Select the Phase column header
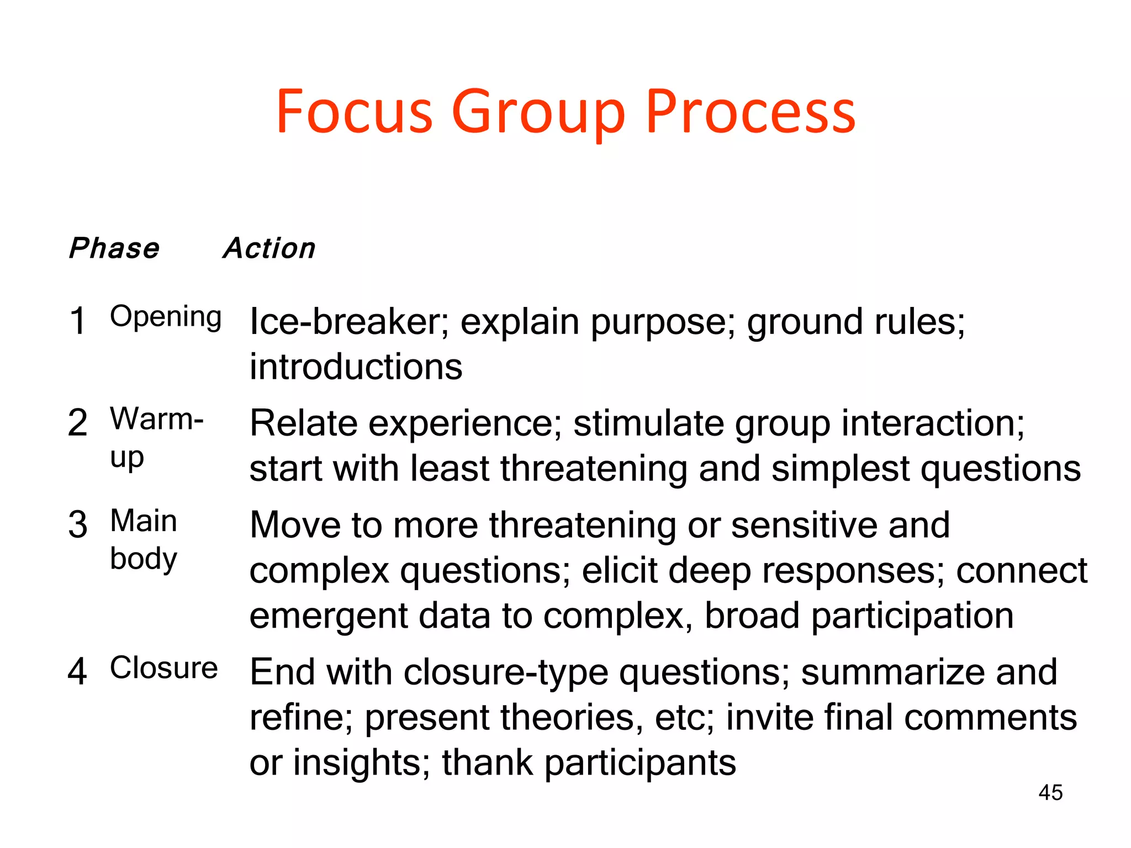pyautogui.click(x=114, y=248)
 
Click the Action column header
pyautogui.click(x=269, y=248)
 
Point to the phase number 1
pyautogui.click(x=78, y=321)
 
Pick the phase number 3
pyautogui.click(x=78, y=524)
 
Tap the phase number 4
pyautogui.click(x=77, y=672)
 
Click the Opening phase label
pyautogui.click(x=166, y=317)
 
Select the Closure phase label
pyautogui.click(x=164, y=668)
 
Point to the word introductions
pyautogui.click(x=356, y=367)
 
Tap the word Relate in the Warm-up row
pyautogui.click(x=303, y=423)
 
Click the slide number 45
pyautogui.click(x=1050, y=793)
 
